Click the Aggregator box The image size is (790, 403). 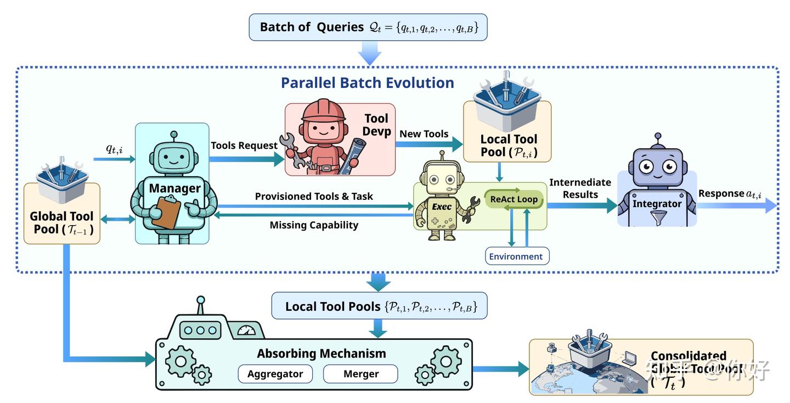click(275, 374)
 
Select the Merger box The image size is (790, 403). click(360, 374)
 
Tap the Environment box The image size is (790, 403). click(516, 256)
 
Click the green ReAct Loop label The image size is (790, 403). click(513, 199)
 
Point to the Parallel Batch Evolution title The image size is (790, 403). click(368, 83)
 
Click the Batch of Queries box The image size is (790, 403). click(368, 27)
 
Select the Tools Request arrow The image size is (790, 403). click(247, 159)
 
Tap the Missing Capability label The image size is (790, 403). click(314, 225)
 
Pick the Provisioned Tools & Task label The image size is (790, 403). click(314, 197)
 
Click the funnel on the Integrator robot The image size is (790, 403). click(656, 219)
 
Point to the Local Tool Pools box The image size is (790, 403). click(379, 306)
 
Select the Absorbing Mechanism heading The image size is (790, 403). click(321, 354)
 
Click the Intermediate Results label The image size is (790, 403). click(579, 188)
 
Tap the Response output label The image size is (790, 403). click(730, 193)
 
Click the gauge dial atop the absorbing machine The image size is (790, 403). click(246, 331)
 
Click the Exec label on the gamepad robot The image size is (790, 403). click(442, 207)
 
